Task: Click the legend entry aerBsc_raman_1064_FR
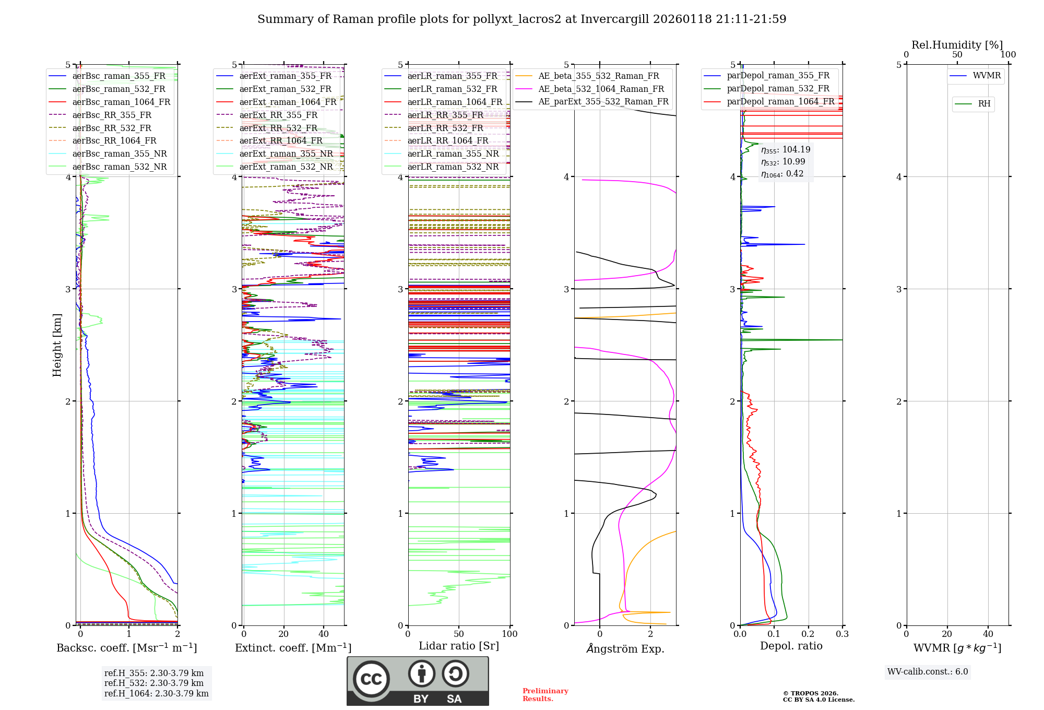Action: pyautogui.click(x=121, y=102)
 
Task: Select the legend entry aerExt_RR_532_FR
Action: pyautogui.click(x=278, y=128)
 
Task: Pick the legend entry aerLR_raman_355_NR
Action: pyautogui.click(x=453, y=153)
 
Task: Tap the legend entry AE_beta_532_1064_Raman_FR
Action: pyautogui.click(x=601, y=89)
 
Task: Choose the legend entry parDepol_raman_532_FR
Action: pyautogui.click(x=778, y=89)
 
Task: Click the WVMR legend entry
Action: pyautogui.click(x=987, y=76)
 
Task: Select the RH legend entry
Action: pyautogui.click(x=984, y=104)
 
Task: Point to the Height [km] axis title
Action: pyautogui.click(x=57, y=345)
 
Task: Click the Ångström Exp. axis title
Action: pyautogui.click(x=625, y=648)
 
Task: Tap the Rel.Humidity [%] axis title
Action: pyautogui.click(x=957, y=45)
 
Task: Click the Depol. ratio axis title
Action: pyautogui.click(x=791, y=646)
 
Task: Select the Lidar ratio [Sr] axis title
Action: pyautogui.click(x=458, y=646)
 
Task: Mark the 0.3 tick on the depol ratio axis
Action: pyautogui.click(x=842, y=634)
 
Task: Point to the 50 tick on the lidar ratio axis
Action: pyautogui.click(x=459, y=634)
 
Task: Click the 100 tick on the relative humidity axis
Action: pyautogui.click(x=1008, y=54)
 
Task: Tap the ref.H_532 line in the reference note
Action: pyautogui.click(x=153, y=683)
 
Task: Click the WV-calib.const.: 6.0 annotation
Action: pyautogui.click(x=927, y=672)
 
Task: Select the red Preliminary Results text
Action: pyautogui.click(x=545, y=695)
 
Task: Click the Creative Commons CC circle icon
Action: pyautogui.click(x=371, y=679)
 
